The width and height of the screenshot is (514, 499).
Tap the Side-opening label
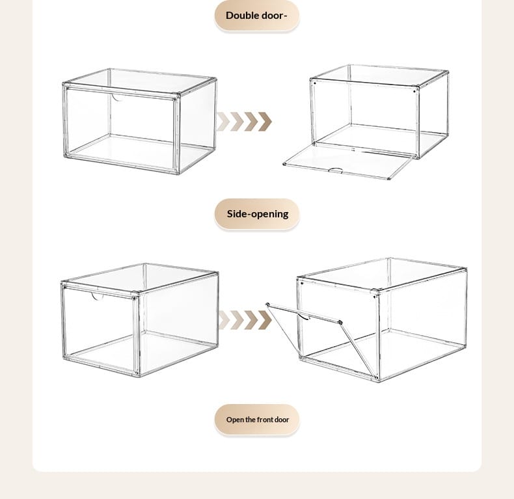[258, 214]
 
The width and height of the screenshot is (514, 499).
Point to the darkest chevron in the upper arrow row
[265, 122]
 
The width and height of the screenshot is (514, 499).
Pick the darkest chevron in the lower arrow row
[265, 320]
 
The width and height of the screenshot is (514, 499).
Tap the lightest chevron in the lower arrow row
[224, 320]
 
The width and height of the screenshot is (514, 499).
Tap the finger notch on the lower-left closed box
[98, 297]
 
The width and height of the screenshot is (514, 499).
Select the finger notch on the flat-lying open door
[336, 170]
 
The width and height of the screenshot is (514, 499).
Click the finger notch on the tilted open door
[304, 316]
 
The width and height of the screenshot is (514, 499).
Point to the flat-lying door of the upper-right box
[347, 161]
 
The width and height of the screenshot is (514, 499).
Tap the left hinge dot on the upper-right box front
[315, 83]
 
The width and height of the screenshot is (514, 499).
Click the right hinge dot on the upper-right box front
[414, 91]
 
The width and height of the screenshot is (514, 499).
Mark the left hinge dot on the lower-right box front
[302, 284]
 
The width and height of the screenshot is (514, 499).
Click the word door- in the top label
[273, 16]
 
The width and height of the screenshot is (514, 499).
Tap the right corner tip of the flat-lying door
[389, 178]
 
